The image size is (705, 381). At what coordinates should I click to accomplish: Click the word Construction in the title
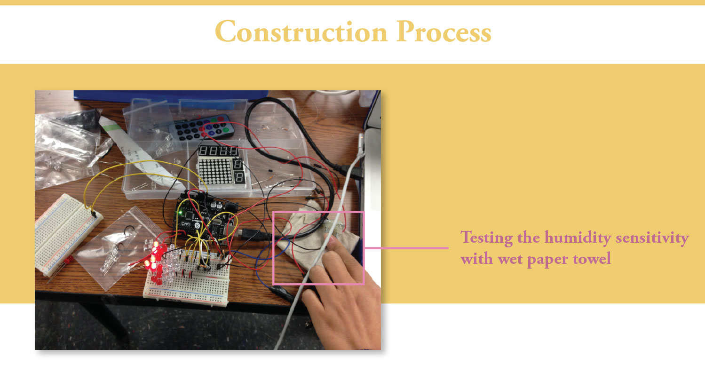pos(301,32)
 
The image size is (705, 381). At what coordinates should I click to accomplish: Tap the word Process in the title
pos(444,32)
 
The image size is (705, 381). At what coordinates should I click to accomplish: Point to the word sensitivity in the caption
pos(652,238)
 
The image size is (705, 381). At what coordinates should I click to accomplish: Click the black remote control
pos(202,127)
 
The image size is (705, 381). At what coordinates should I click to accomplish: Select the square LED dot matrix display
pos(215,172)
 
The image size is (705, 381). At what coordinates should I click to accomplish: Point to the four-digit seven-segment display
pos(218,151)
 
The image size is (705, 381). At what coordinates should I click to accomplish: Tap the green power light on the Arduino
pos(180,213)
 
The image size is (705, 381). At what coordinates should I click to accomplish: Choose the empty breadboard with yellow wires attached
pos(67,235)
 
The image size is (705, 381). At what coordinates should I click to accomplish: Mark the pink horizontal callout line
pos(406,248)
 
